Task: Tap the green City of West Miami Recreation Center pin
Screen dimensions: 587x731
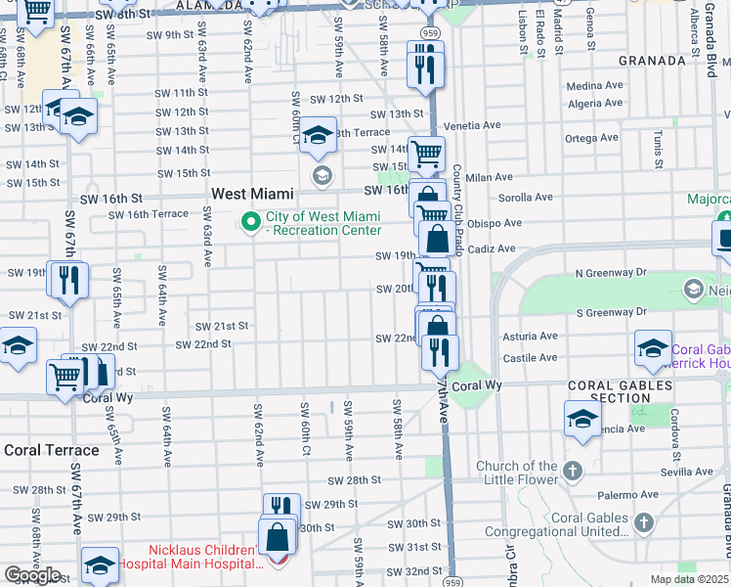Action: point(251,223)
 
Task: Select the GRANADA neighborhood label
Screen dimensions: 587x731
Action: point(652,61)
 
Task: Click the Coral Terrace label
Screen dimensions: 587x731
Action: point(52,450)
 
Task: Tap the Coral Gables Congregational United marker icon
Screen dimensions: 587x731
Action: point(642,523)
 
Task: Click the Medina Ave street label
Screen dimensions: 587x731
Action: point(594,85)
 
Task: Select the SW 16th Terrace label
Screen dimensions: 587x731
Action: point(149,214)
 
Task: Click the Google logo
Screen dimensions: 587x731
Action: point(32,575)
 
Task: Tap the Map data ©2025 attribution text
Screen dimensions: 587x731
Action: point(689,579)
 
